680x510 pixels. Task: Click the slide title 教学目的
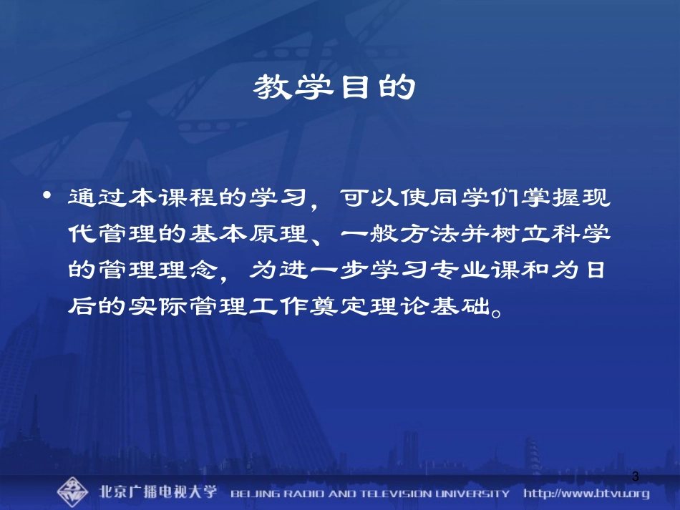click(334, 89)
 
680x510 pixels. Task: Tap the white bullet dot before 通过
click(48, 195)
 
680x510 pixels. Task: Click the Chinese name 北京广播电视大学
click(158, 493)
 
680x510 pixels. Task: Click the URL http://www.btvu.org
click(586, 493)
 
